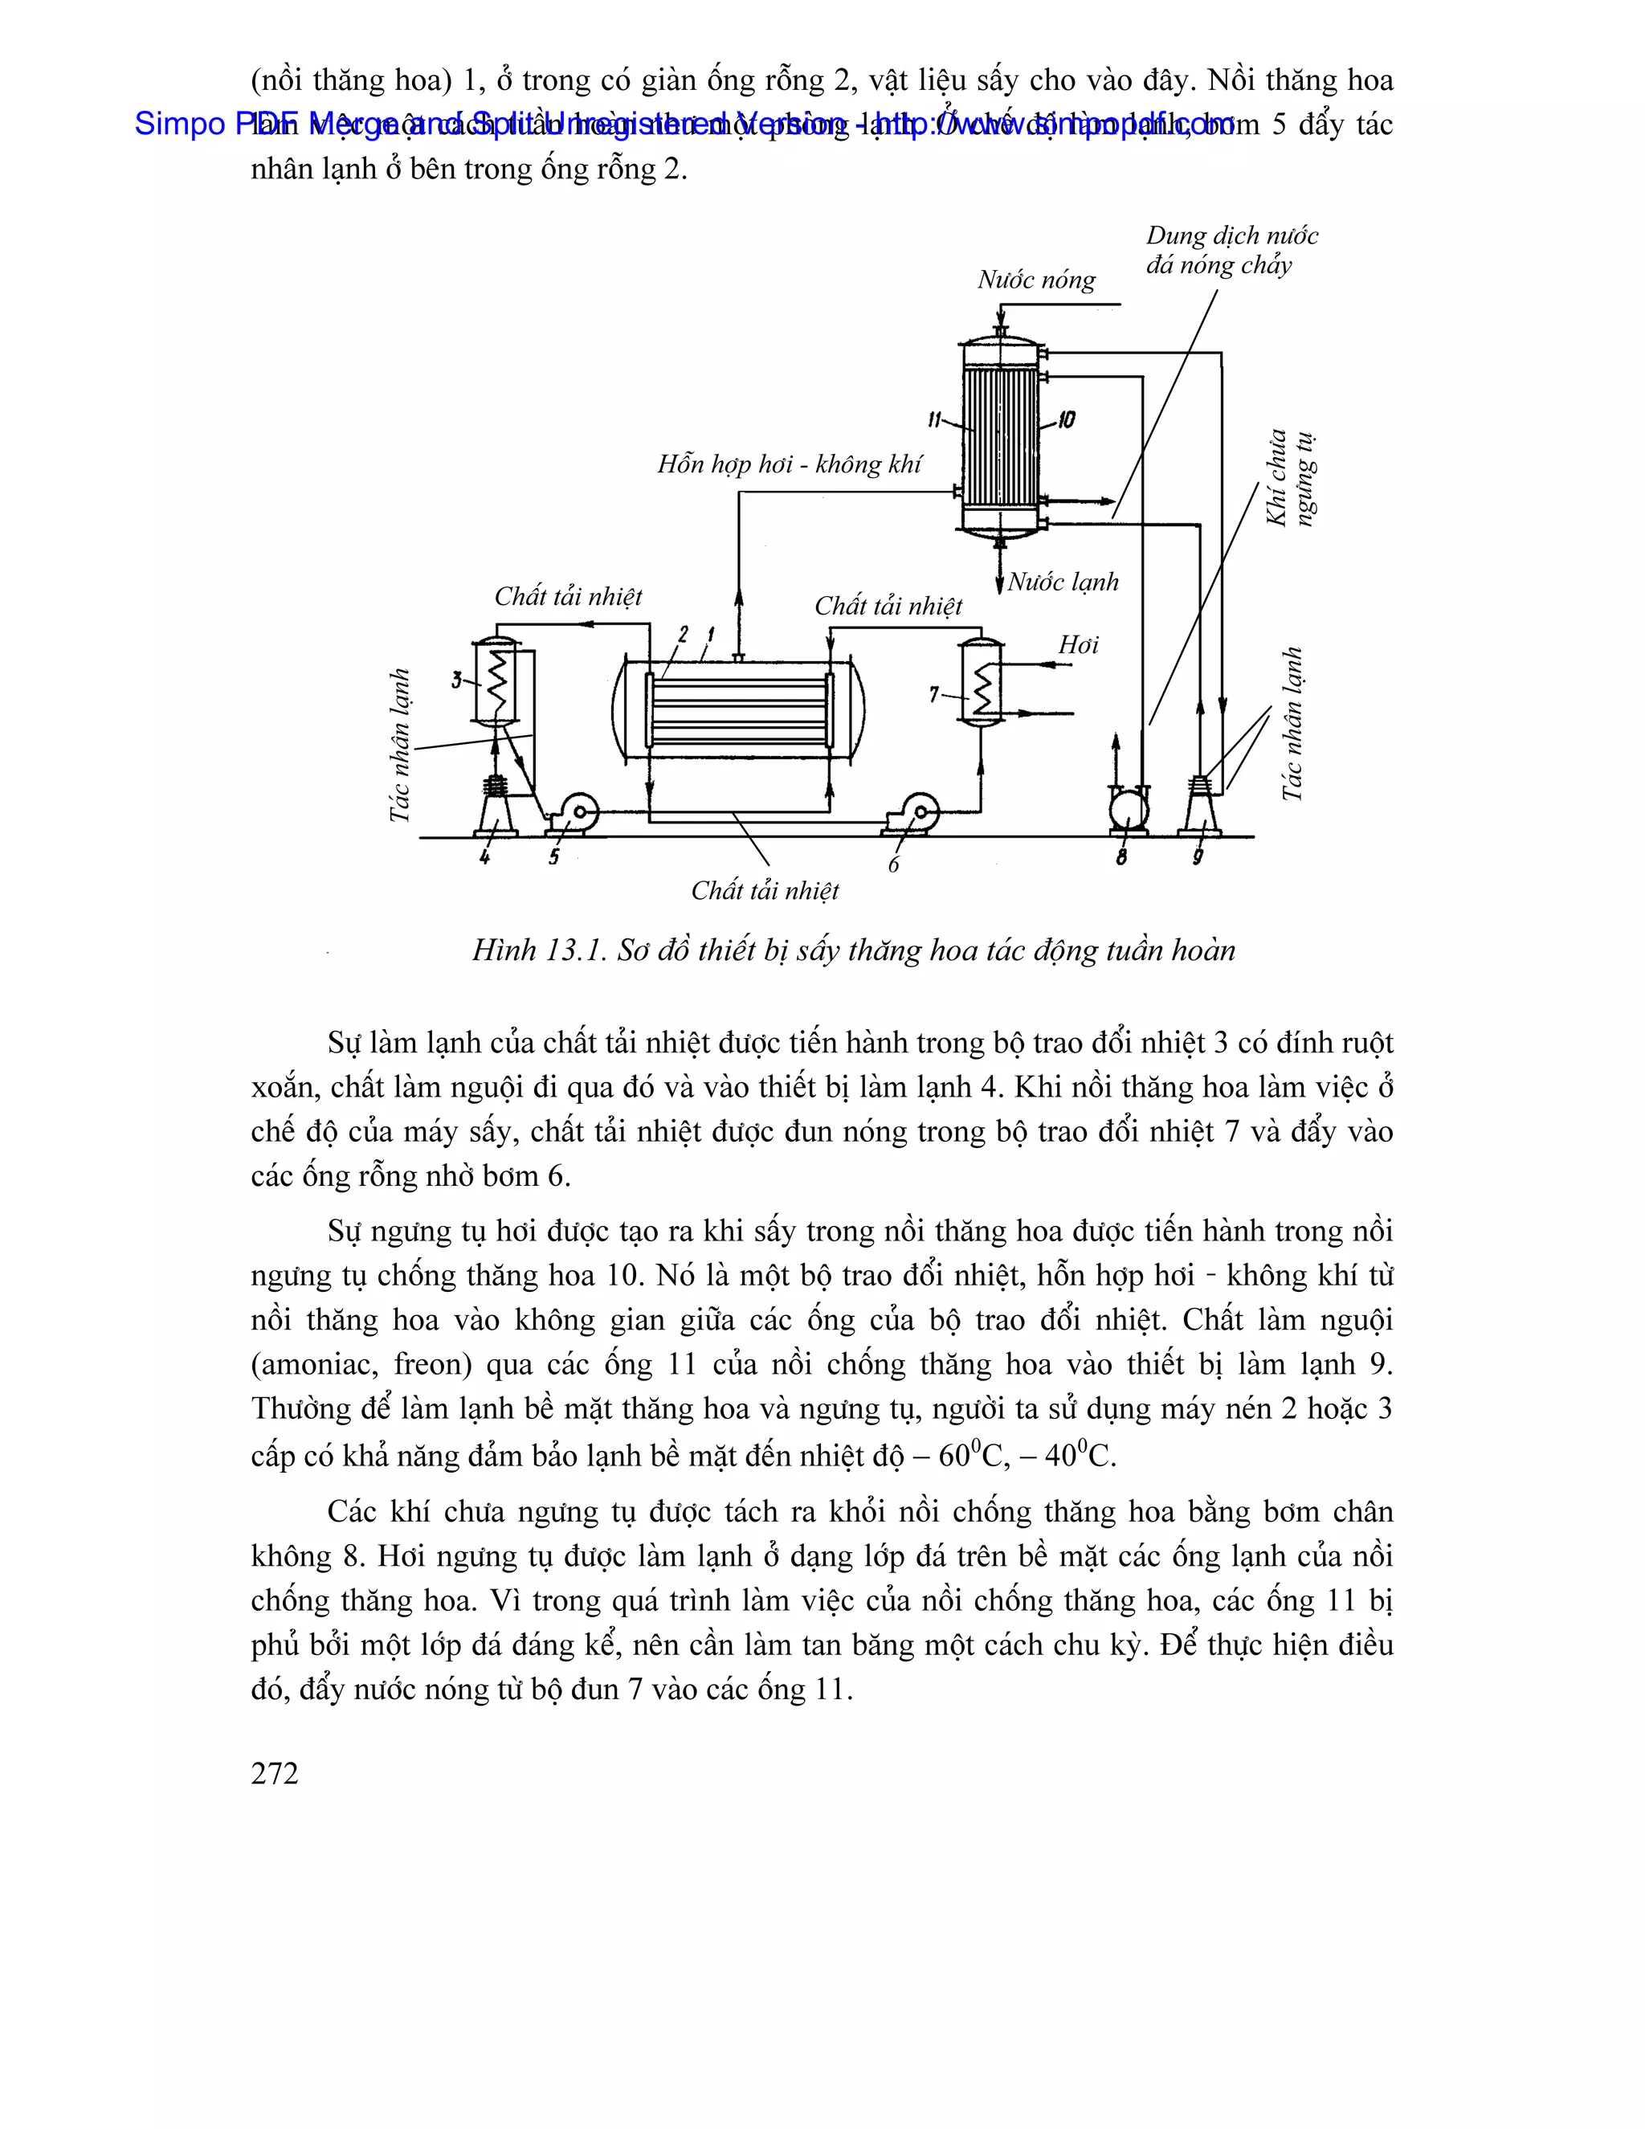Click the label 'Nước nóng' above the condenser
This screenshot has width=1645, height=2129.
pos(1036,280)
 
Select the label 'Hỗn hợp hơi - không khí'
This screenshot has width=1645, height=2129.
pos(789,464)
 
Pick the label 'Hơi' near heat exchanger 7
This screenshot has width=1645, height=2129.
pos(1078,644)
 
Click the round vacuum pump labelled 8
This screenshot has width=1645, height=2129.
pos(1128,809)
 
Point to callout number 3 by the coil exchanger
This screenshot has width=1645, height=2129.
pos(456,680)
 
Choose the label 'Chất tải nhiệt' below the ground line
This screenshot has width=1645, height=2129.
pos(765,890)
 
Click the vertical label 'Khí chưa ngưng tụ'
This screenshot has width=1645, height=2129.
pos(1289,479)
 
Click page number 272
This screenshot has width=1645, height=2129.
pos(275,1773)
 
